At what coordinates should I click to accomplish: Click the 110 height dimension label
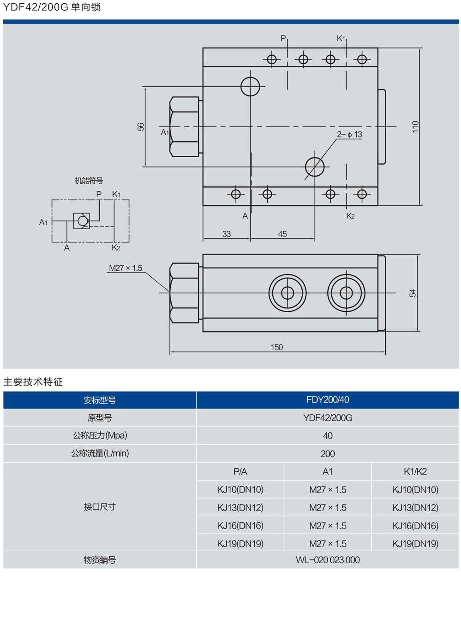click(x=415, y=127)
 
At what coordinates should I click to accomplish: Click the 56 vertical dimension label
click(x=141, y=126)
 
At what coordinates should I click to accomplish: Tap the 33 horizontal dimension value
click(x=227, y=234)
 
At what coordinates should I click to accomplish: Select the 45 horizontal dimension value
click(x=282, y=234)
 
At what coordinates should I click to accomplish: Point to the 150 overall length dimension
click(x=277, y=347)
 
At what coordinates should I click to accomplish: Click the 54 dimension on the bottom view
click(x=413, y=293)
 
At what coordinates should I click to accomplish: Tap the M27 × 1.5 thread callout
click(x=126, y=268)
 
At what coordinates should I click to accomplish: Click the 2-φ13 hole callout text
click(x=349, y=134)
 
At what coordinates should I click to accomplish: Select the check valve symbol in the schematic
click(x=82, y=221)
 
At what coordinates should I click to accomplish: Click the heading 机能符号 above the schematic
click(x=89, y=181)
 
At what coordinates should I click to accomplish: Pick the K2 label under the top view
click(x=350, y=216)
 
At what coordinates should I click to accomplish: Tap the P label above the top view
click(x=283, y=39)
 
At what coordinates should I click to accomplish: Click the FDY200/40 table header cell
click(x=328, y=400)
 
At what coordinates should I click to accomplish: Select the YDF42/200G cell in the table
click(x=328, y=418)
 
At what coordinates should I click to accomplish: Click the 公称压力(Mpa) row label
click(x=100, y=435)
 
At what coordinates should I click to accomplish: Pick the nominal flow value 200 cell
click(x=328, y=454)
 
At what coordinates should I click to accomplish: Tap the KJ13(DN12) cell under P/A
click(x=240, y=507)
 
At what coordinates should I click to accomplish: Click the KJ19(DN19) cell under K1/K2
click(x=415, y=543)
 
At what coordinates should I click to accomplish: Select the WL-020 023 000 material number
click(x=328, y=560)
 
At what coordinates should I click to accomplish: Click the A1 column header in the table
click(x=328, y=471)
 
